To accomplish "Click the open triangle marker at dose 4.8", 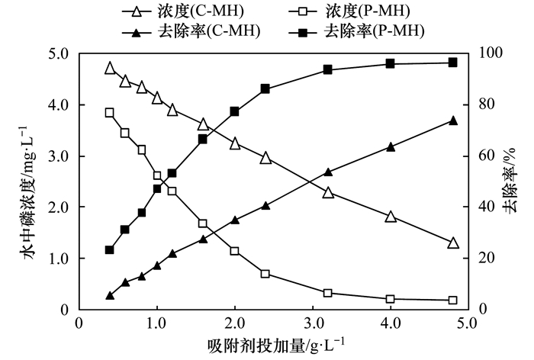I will [x=452, y=243].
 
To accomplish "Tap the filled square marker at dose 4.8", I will [x=452, y=63].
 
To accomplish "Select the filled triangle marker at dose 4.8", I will [x=452, y=121].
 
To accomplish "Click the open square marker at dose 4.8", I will [x=452, y=301].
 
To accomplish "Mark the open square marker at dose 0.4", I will [x=110, y=113].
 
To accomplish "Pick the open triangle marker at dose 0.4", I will [x=110, y=69].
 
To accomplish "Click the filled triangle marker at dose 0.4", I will [x=110, y=295].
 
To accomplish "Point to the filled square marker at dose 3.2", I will [x=328, y=69].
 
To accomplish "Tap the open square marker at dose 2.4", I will [x=265, y=274].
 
